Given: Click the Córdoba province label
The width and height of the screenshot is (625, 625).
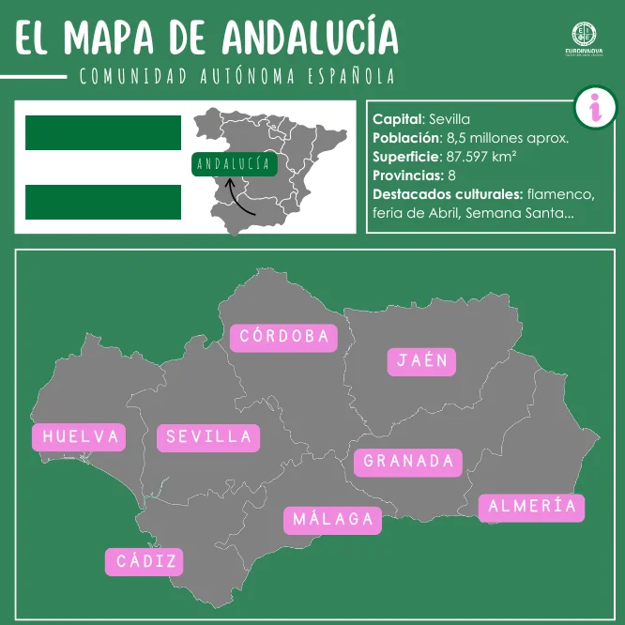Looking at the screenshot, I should point(283,336).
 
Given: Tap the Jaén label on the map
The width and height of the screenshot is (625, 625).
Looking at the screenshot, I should point(421,361).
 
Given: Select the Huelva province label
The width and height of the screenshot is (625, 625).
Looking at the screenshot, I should point(81,436).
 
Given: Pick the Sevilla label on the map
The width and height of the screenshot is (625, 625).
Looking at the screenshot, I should point(208,437).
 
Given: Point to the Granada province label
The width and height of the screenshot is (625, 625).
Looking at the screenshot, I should point(408,461).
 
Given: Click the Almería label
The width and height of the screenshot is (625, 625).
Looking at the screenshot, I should point(532,507).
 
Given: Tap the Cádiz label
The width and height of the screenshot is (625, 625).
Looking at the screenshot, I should point(145,562).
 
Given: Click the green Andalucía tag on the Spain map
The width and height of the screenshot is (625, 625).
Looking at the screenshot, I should point(234,164).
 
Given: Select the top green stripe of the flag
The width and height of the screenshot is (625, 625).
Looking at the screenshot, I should point(102,133).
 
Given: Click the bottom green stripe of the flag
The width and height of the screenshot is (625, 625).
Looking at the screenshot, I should point(102,201).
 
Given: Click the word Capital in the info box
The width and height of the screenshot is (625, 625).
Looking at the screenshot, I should point(397,119).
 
